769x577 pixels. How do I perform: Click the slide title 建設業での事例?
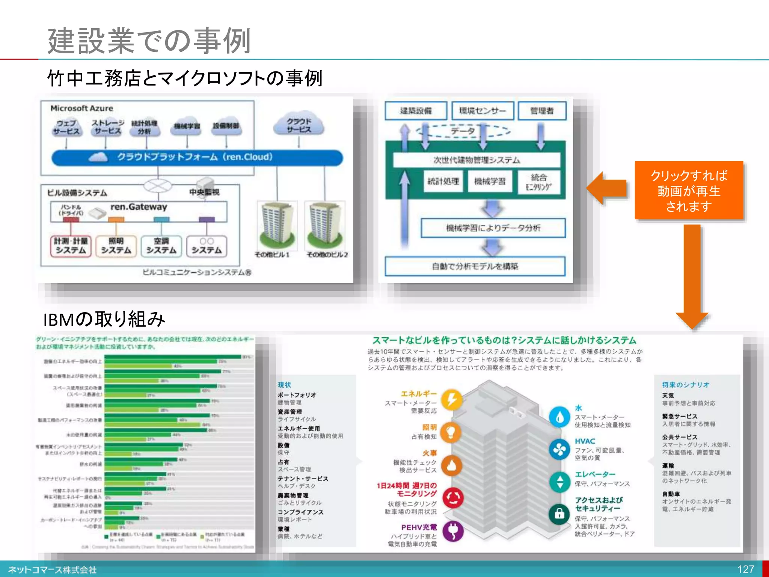149,41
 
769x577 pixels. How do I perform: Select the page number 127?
745,569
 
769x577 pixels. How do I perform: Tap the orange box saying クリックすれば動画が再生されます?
689,190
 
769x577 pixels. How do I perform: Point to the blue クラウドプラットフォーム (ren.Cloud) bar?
197,157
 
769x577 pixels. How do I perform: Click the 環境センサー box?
483,111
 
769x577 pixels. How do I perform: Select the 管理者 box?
542,111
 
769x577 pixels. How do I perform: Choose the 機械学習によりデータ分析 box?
493,228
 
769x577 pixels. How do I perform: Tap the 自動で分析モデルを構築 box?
475,266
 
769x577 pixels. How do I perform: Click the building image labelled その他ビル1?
277,225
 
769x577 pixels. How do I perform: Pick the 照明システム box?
116,246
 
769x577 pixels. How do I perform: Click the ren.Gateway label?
139,207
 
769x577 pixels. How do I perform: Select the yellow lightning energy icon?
452,399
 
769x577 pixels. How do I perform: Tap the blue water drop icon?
559,417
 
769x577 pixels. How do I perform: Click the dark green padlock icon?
559,514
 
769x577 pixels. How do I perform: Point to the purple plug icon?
453,531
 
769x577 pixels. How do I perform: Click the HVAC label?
585,441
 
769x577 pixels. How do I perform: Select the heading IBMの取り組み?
104,319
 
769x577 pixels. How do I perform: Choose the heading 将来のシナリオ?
686,385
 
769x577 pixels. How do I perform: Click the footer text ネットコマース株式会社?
53,570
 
